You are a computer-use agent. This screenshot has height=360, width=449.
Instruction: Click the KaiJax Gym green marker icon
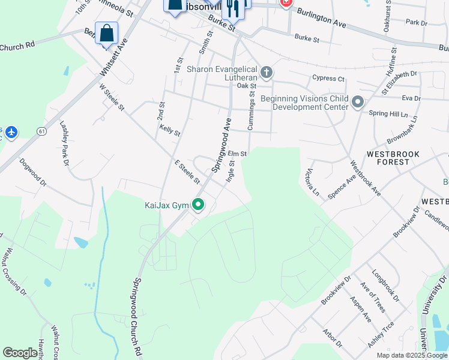[x=198, y=206]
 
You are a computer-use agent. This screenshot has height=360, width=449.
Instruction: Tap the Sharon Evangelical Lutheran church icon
[x=267, y=73]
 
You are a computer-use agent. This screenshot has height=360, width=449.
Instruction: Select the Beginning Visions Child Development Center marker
[x=358, y=102]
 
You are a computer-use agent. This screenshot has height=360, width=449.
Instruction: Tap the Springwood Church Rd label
[x=137, y=318]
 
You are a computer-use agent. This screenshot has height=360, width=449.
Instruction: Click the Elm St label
[x=238, y=154]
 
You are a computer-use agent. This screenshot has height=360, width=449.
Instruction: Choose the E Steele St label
[x=187, y=172]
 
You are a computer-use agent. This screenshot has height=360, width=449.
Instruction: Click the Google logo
[x=20, y=353]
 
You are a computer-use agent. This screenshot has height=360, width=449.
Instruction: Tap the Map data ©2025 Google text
[x=411, y=355]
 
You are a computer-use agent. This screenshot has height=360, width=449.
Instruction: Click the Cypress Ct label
[x=328, y=79]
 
